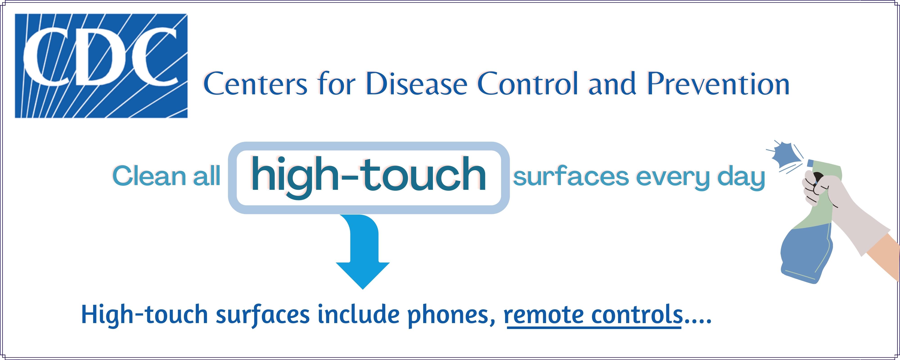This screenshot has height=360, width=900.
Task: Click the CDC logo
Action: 101,66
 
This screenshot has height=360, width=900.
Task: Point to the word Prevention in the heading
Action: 718,84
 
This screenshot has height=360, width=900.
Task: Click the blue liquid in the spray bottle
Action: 807,254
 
